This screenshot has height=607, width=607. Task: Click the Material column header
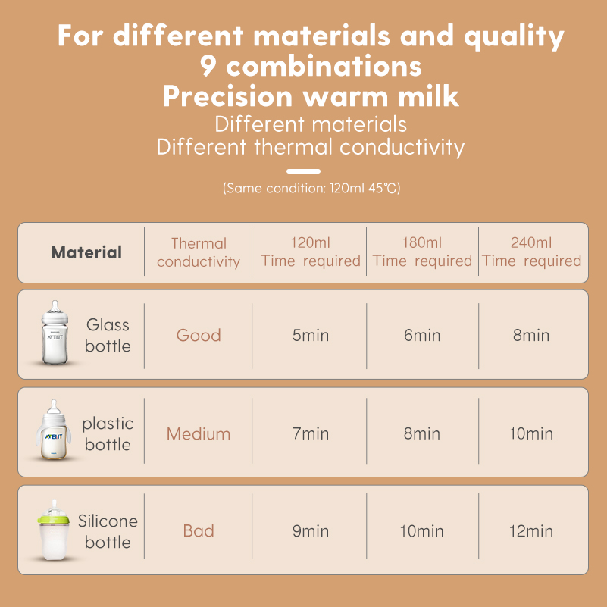click(86, 252)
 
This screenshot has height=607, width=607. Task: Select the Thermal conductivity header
click(199, 252)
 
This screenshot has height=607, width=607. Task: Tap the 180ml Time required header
click(422, 252)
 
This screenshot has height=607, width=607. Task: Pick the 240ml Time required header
click(531, 252)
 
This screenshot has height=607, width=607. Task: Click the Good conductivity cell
click(199, 335)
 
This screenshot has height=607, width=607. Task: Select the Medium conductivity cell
click(199, 433)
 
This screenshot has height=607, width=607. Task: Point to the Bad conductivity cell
click(199, 531)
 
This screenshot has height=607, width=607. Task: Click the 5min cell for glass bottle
click(311, 335)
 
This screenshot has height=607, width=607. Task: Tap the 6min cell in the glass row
click(422, 335)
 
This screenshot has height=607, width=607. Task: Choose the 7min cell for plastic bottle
click(311, 433)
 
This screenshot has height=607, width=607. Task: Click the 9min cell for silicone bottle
click(311, 531)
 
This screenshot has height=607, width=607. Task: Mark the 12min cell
click(531, 531)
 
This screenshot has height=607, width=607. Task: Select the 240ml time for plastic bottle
click(531, 433)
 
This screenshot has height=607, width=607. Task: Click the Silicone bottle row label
click(108, 531)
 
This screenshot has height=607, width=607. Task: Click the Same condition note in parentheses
click(311, 188)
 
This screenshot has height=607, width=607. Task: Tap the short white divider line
click(303, 171)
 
